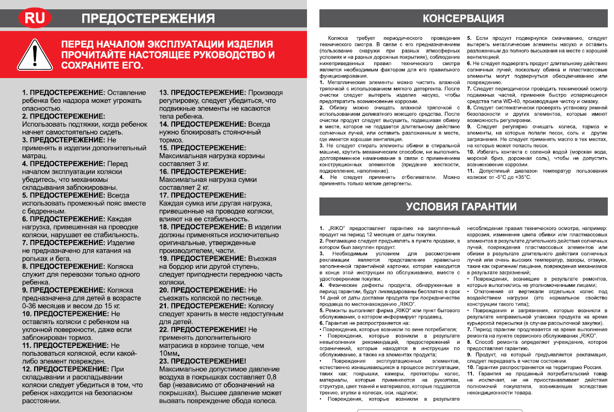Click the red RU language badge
point(35,19)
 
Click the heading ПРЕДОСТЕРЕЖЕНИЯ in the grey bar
point(148,19)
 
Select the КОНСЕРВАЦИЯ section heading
point(463,19)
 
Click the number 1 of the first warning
point(24,93)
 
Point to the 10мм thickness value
point(168,353)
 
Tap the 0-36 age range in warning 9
point(32,306)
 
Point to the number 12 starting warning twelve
point(26,370)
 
